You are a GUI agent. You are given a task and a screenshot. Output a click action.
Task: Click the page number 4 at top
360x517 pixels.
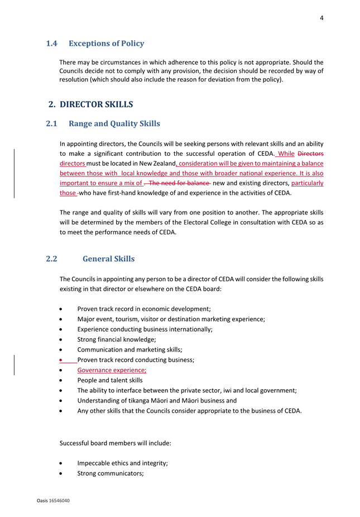coord(321,18)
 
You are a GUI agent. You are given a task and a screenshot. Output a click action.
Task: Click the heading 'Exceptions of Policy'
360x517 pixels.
coord(106,44)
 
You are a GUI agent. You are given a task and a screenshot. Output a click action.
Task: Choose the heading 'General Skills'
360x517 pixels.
coord(108,258)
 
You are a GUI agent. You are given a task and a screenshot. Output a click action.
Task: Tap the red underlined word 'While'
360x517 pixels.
coord(286,154)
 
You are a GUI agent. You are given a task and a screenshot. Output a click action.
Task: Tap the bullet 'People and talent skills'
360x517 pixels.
coord(110,380)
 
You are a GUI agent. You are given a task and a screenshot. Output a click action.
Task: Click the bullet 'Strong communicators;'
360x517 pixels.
coord(111,473)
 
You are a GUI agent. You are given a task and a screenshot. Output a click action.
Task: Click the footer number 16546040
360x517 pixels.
coord(59,501)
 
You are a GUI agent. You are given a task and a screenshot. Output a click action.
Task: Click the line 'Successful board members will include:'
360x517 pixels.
coord(115,443)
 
